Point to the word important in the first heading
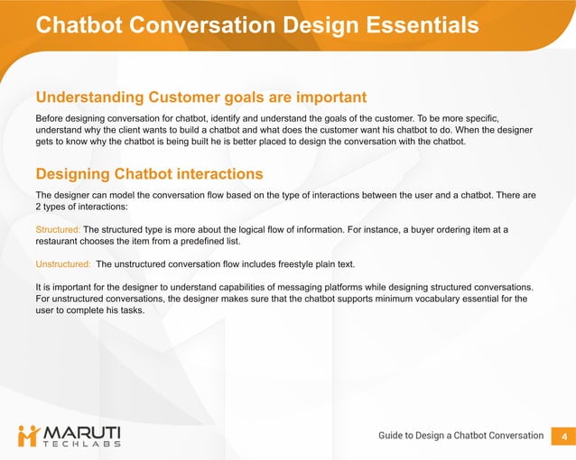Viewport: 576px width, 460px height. pos(323,97)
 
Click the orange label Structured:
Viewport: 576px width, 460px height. pos(58,230)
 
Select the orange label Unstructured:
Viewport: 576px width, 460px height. pos(63,264)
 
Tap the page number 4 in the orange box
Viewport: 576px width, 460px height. pos(563,436)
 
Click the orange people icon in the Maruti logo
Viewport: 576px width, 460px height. pos(29,436)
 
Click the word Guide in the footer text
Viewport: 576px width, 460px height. pos(395,436)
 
